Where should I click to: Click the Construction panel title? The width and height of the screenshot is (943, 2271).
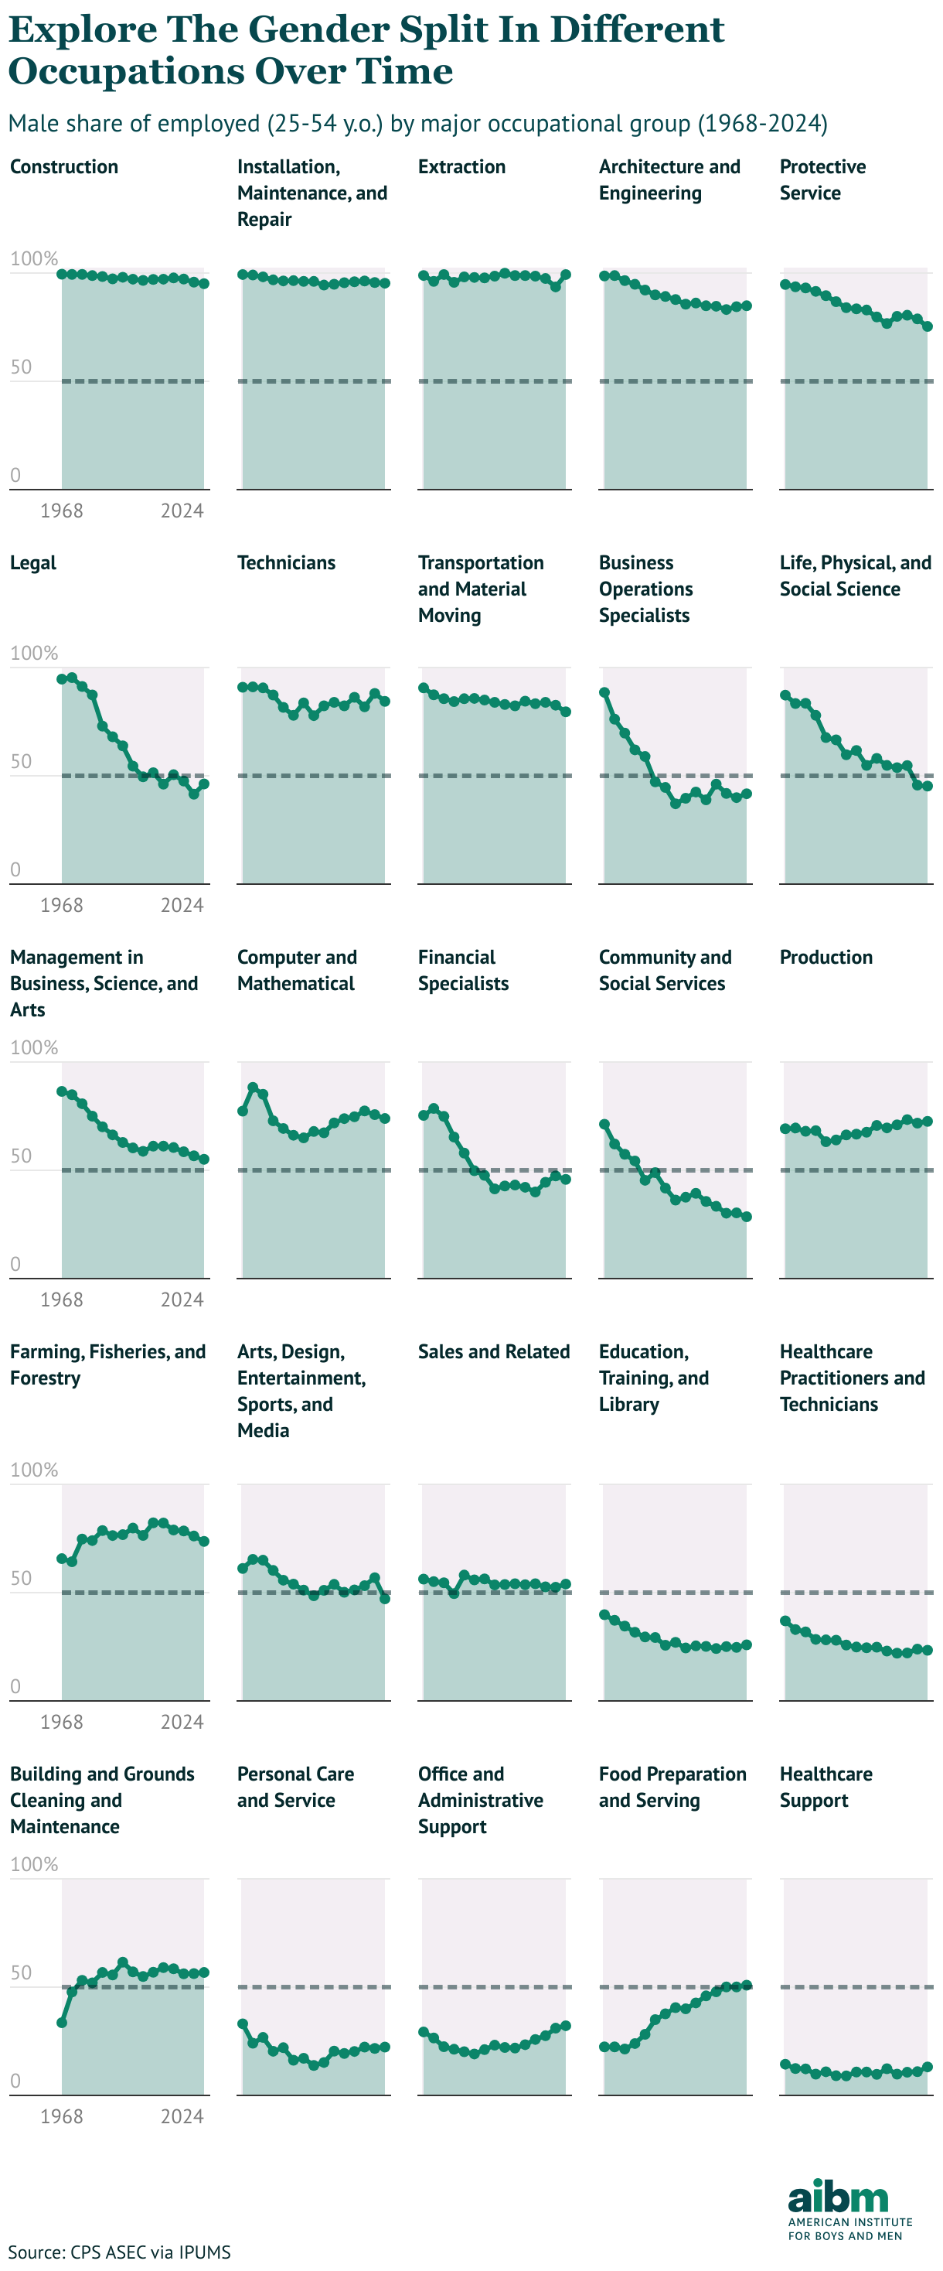(x=63, y=166)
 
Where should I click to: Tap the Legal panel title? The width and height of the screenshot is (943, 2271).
(x=32, y=562)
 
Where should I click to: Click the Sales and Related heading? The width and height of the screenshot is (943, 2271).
(x=494, y=1351)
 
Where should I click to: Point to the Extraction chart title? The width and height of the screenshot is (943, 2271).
(x=461, y=166)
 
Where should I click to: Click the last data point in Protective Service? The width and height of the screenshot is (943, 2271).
(x=927, y=326)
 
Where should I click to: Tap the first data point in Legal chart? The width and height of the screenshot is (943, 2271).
(x=62, y=679)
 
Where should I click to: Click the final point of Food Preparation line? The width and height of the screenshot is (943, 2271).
(x=747, y=1986)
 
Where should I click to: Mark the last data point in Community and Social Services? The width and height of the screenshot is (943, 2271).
(x=747, y=1217)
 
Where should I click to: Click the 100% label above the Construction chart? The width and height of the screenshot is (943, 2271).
(x=33, y=258)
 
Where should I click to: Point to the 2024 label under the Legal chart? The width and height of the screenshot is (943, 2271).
(x=182, y=906)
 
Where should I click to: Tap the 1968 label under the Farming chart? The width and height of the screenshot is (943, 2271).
(x=61, y=1722)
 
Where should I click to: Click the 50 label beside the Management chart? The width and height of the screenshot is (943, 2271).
(x=21, y=1156)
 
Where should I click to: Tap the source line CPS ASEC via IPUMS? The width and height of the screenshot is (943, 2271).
(x=119, y=2252)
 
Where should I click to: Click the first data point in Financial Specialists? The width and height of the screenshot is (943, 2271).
(x=423, y=1115)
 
